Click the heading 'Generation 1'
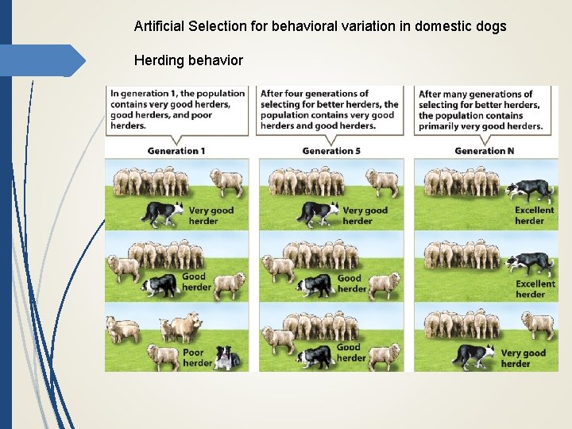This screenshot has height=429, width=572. click(x=176, y=151)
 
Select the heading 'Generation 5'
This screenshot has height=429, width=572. click(x=331, y=151)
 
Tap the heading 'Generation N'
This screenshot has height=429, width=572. click(x=485, y=151)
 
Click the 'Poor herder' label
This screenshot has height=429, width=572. click(x=197, y=357)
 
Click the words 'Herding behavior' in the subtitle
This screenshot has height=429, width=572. click(x=188, y=60)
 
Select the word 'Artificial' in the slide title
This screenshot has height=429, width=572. click(x=159, y=26)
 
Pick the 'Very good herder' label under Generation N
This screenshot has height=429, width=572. click(x=523, y=358)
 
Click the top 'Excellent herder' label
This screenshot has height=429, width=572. click(x=535, y=215)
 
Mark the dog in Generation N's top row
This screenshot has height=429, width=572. click(x=530, y=191)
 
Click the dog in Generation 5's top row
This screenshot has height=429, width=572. click(x=317, y=213)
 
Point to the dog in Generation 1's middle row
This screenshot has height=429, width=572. click(x=160, y=284)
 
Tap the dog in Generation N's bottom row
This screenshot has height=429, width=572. click(x=473, y=355)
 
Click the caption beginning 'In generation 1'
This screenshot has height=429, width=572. click(x=177, y=110)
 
